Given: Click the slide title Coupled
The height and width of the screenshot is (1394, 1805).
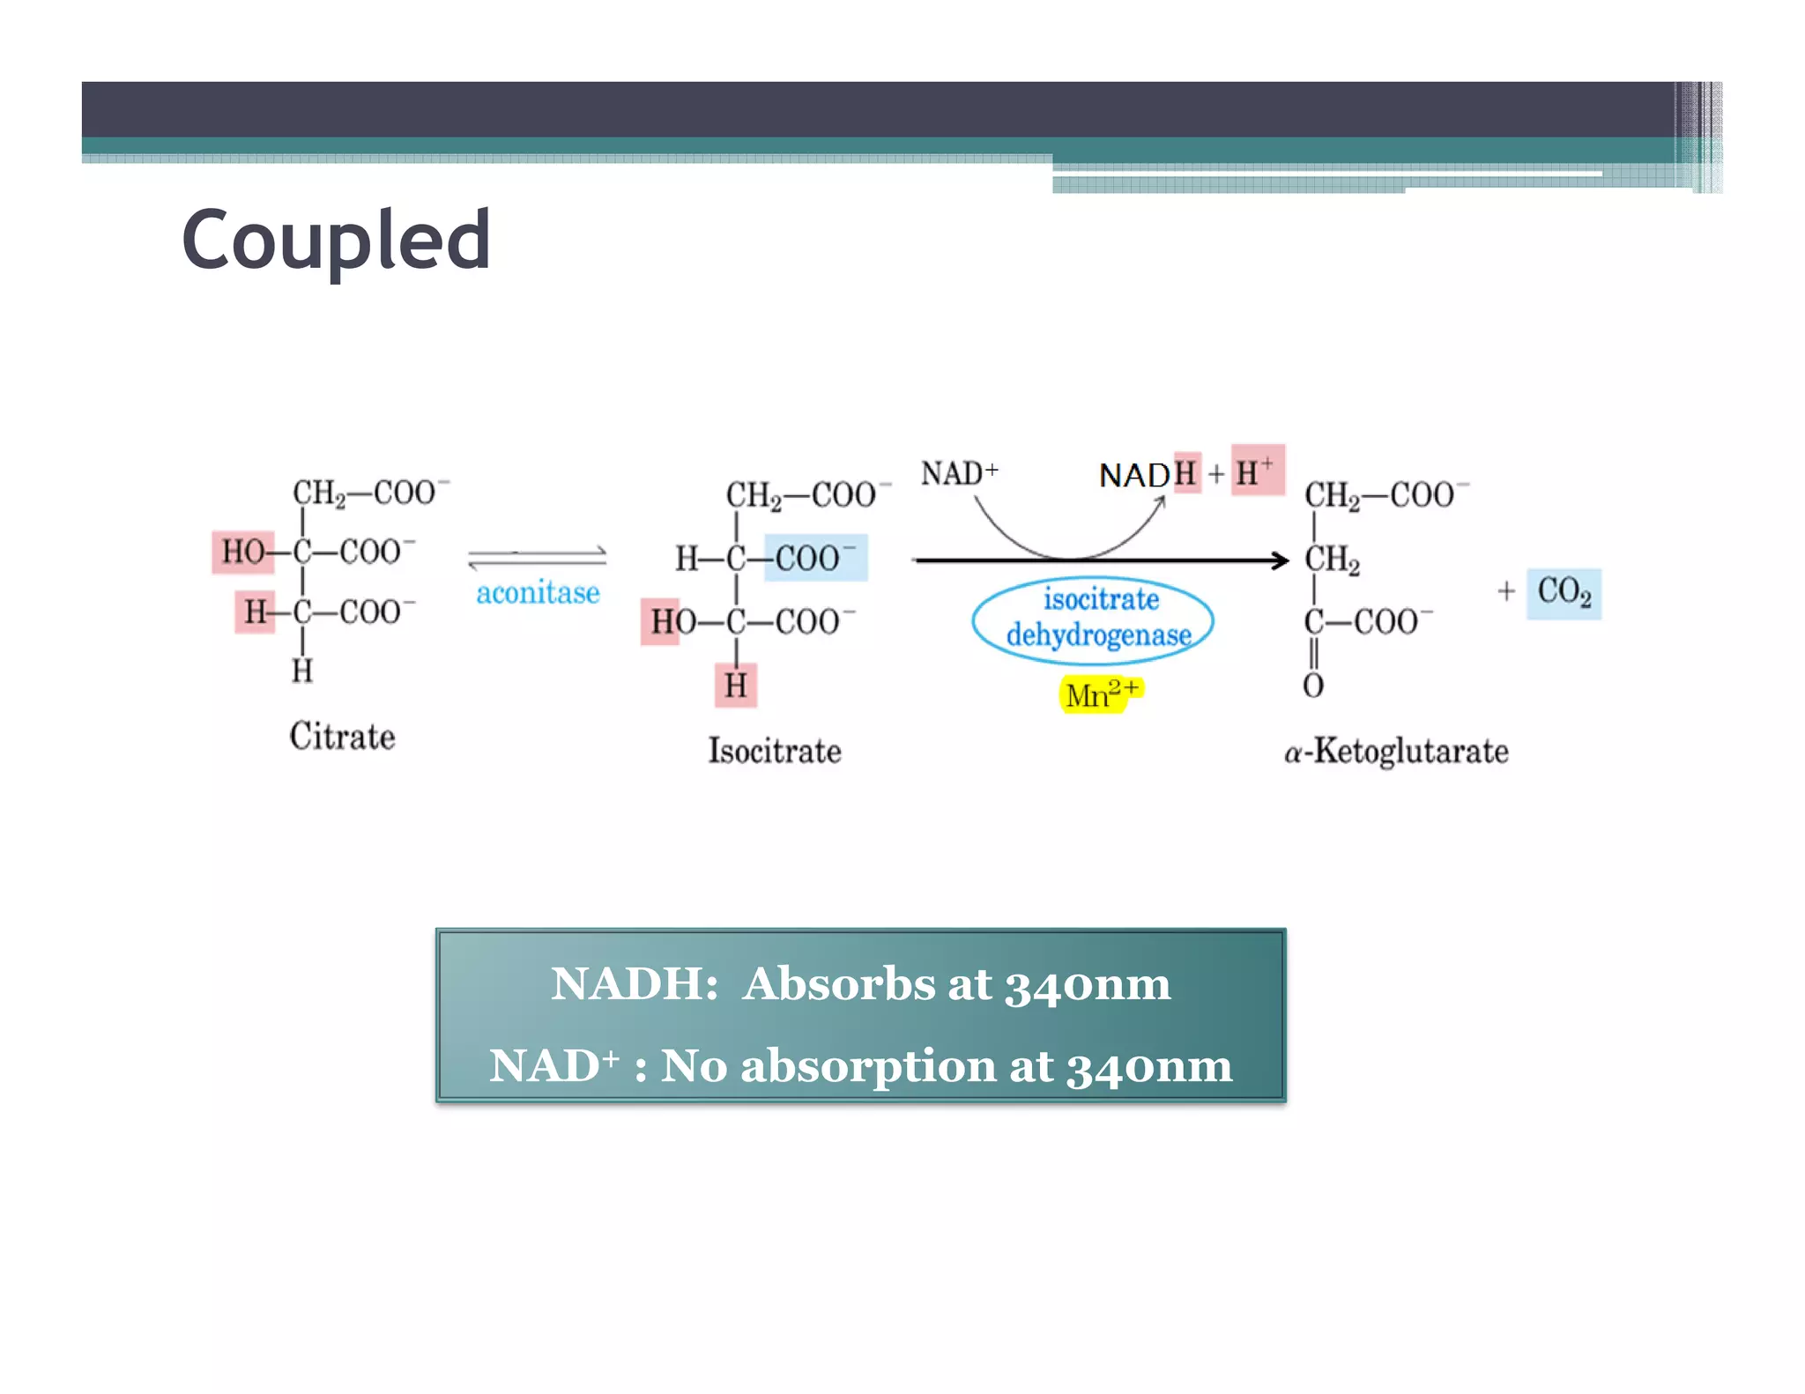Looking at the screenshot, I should tap(336, 240).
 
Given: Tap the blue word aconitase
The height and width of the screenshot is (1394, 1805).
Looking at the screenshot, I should tap(538, 593).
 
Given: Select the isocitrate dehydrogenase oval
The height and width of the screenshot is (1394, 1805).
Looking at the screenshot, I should tap(1093, 619).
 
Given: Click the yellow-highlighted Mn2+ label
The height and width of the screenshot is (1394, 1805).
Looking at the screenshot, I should tap(1100, 694).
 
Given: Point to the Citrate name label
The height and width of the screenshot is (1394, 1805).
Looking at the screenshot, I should tap(342, 737).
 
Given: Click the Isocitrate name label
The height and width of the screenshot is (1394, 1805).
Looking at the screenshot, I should tap(775, 752).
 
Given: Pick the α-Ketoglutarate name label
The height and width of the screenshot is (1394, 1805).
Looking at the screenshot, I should tap(1396, 752).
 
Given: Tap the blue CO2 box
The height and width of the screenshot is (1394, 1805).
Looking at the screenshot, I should tap(1564, 593).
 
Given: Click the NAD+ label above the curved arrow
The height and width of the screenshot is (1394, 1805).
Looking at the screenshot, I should tap(959, 474).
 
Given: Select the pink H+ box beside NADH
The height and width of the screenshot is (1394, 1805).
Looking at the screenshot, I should tap(1257, 471).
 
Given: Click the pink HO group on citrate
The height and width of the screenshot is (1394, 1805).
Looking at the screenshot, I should tap(242, 552).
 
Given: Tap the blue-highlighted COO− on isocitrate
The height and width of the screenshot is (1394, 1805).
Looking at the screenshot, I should tap(815, 558).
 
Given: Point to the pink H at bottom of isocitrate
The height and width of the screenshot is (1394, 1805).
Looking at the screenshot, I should tap(736, 686).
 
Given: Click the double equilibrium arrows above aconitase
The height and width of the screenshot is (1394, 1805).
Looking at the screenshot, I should tap(537, 558).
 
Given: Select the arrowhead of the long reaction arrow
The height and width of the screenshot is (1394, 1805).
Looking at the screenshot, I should tap(1281, 560).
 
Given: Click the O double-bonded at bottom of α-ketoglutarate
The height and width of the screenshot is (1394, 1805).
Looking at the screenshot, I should tap(1313, 686).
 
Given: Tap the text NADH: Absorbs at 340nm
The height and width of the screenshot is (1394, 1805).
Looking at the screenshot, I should tap(860, 983).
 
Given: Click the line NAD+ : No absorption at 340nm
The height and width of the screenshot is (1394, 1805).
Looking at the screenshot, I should tap(860, 1066).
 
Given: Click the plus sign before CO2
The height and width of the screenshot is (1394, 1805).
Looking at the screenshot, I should tap(1506, 591).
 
